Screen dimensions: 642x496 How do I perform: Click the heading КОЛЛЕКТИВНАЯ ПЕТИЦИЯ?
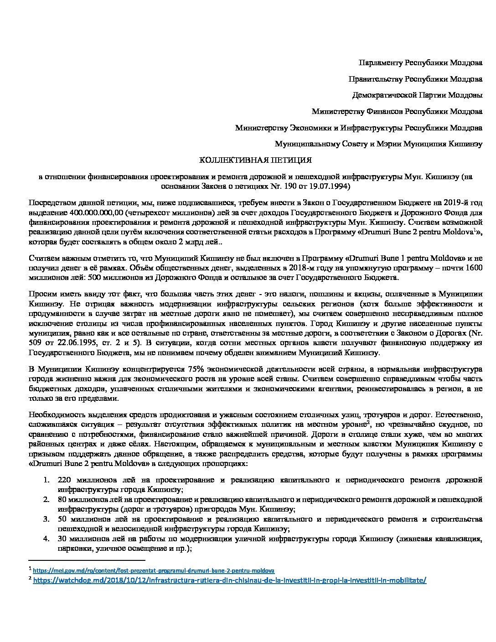[x=255, y=160]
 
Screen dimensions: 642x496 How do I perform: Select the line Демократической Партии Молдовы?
[x=417, y=95]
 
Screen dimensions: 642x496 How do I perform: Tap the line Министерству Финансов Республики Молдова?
[x=397, y=111]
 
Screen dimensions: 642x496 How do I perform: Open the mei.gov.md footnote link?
[x=154, y=570]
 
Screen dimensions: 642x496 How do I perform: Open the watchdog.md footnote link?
[x=230, y=580]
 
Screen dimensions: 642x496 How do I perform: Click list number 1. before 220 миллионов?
[x=46, y=480]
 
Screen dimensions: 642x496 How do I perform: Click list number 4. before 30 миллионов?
[x=46, y=539]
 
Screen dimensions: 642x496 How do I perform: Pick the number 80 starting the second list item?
[x=62, y=500]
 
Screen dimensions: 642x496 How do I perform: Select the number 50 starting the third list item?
[x=63, y=519]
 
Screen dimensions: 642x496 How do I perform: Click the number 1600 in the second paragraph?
[x=474, y=268]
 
